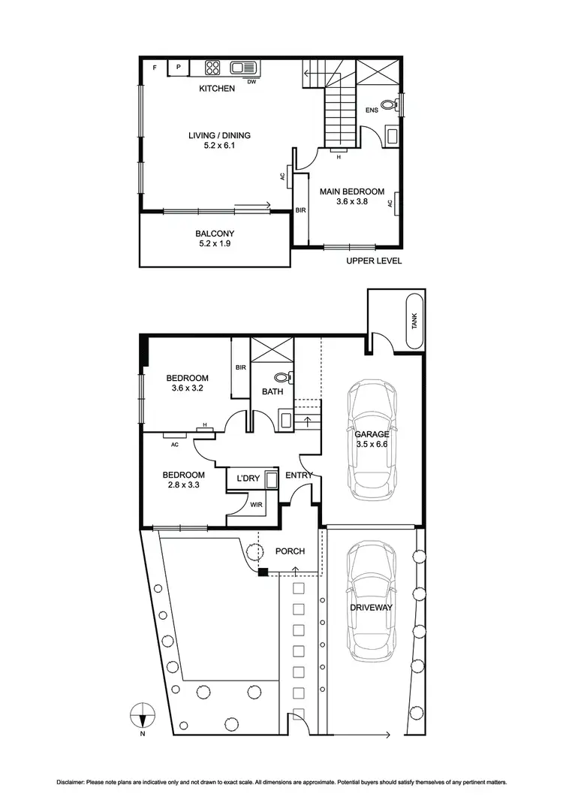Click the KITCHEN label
(217, 89)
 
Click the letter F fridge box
(155, 68)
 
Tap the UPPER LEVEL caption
(374, 261)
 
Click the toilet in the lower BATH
(283, 378)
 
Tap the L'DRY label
(248, 479)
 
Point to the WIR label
(256, 505)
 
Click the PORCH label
(290, 551)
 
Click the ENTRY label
(298, 475)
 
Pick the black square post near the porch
(263, 573)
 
